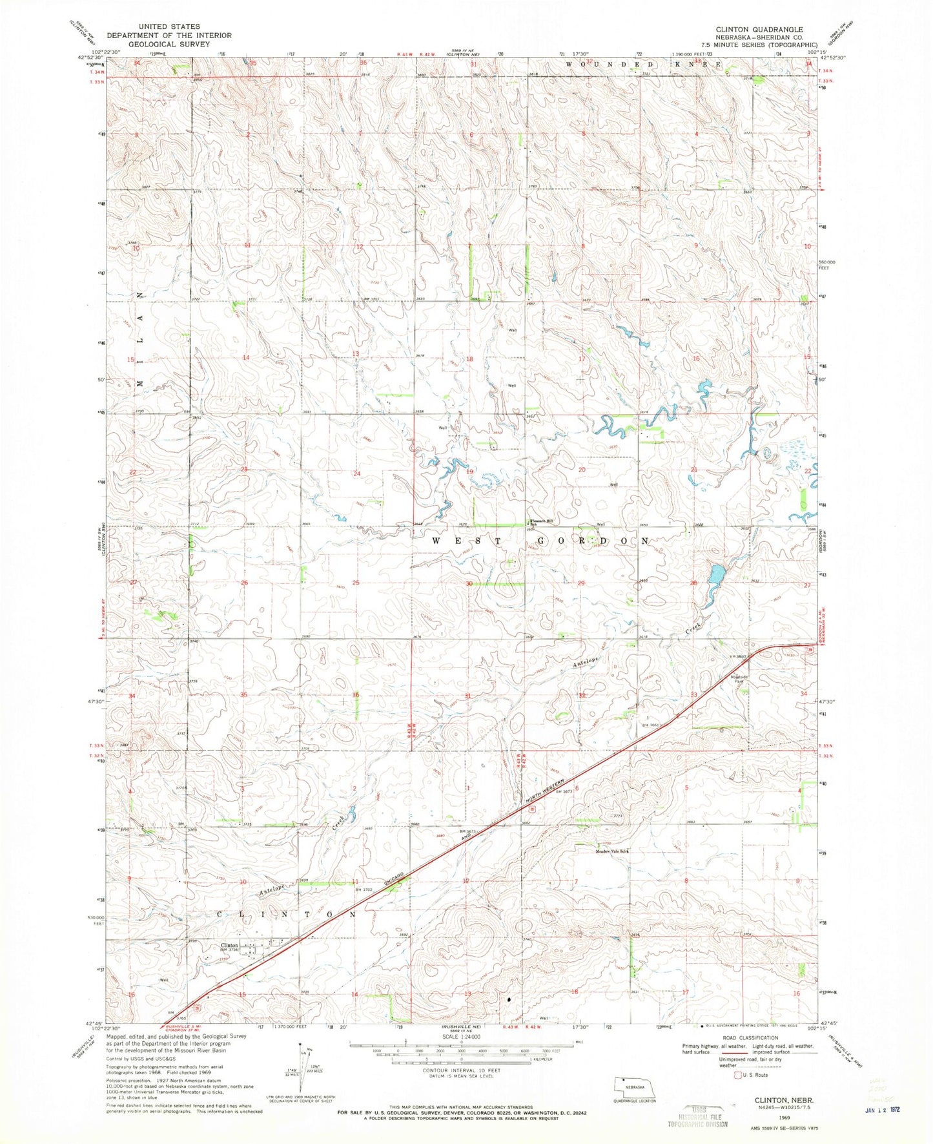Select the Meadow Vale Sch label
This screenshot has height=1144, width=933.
[x=611, y=851]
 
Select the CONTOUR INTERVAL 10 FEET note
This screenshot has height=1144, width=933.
[x=462, y=1088]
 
